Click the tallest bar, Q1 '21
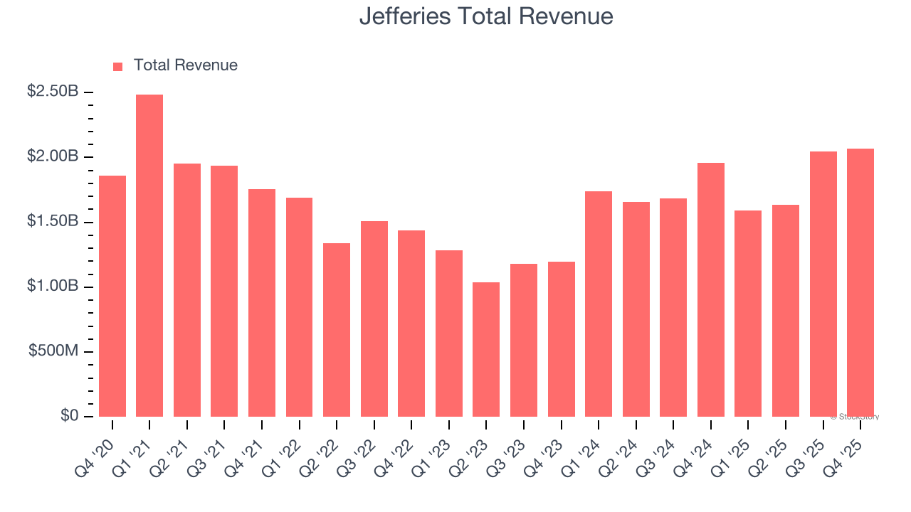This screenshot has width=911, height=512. pos(149,256)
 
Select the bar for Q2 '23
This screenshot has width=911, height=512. pos(486,349)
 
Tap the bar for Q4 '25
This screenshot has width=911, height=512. pos(860,282)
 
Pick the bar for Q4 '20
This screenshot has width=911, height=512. pos(112,296)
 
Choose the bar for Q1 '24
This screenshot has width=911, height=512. pos(599,304)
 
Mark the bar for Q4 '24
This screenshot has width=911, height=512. pos(711,289)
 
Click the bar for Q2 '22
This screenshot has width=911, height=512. pos(337,330)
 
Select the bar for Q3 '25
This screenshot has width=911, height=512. pos(823,284)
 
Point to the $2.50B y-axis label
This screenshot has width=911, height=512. pos(53,92)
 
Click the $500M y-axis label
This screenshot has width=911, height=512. pos(53,351)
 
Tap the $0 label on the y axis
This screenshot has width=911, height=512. pos(70,416)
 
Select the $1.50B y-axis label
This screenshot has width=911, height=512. pos(53,221)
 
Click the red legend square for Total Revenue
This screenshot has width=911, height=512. pos(118,66)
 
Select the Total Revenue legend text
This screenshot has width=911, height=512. pos(185,65)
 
